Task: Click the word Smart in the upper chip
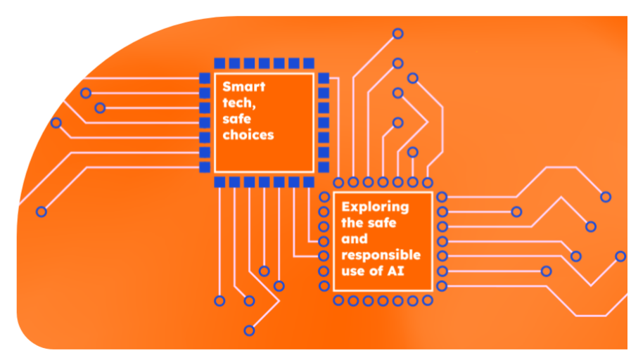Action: [244, 87]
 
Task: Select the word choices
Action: [248, 134]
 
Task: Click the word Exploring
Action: [375, 207]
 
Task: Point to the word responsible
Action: [381, 255]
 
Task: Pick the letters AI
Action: [402, 270]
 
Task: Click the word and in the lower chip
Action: [355, 238]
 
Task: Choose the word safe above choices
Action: [238, 119]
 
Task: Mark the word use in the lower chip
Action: [354, 270]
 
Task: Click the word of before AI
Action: [381, 270]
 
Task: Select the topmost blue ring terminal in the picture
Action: [397, 33]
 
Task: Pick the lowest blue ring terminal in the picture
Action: [249, 330]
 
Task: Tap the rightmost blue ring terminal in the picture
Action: [620, 256]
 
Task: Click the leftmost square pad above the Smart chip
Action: [219, 62]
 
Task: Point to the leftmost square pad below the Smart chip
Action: [219, 182]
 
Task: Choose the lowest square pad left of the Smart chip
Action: [205, 167]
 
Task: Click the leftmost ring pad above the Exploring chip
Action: [338, 182]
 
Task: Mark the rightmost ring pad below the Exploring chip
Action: [427, 301]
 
